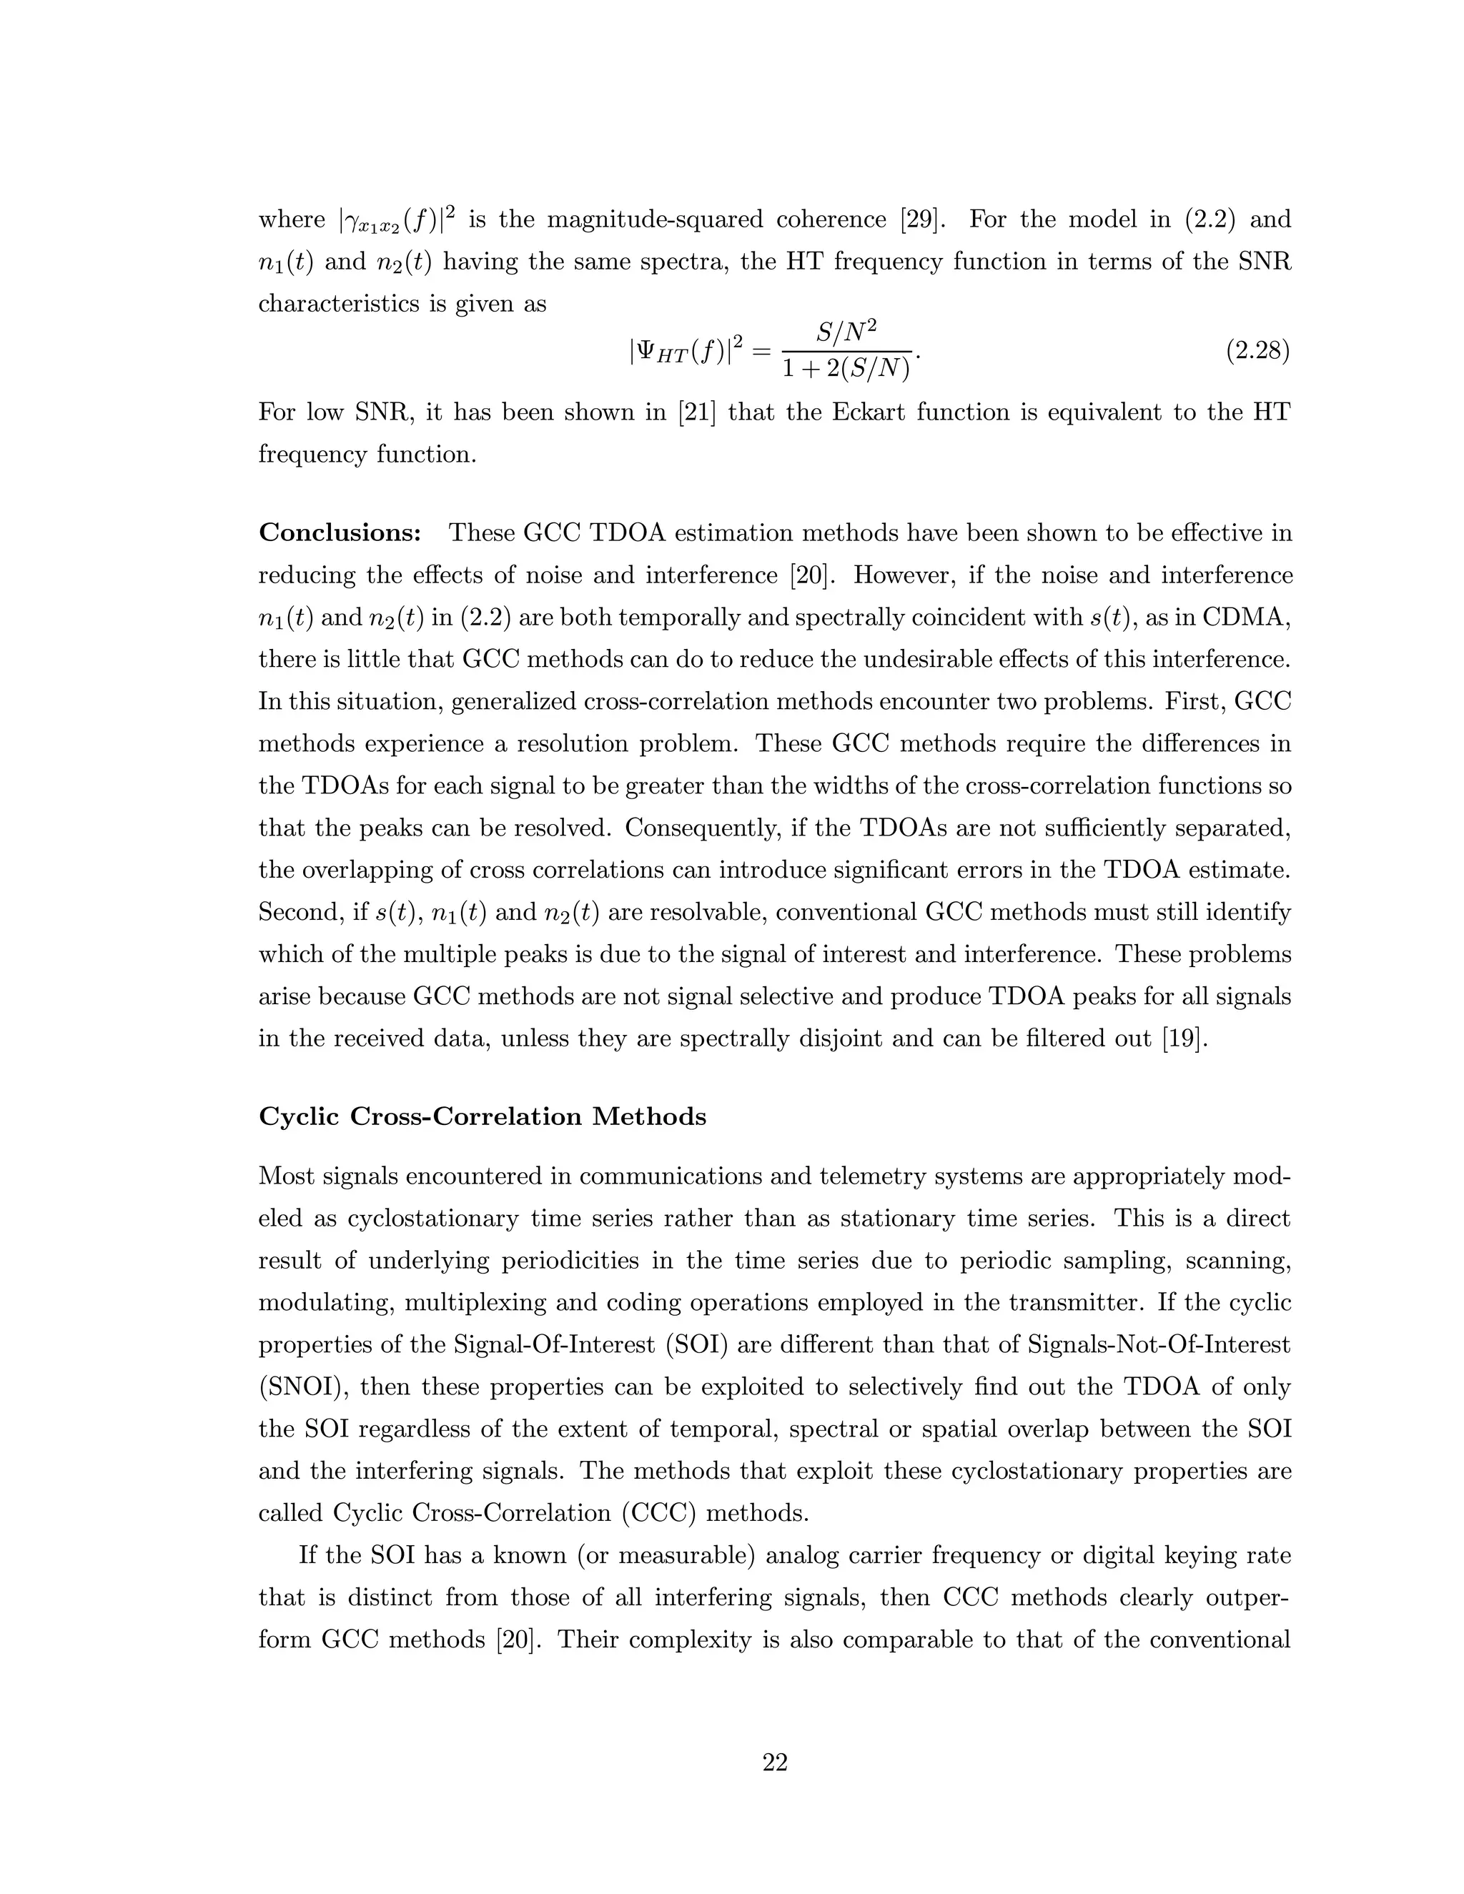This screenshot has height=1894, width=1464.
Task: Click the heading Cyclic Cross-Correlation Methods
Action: tap(483, 1116)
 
